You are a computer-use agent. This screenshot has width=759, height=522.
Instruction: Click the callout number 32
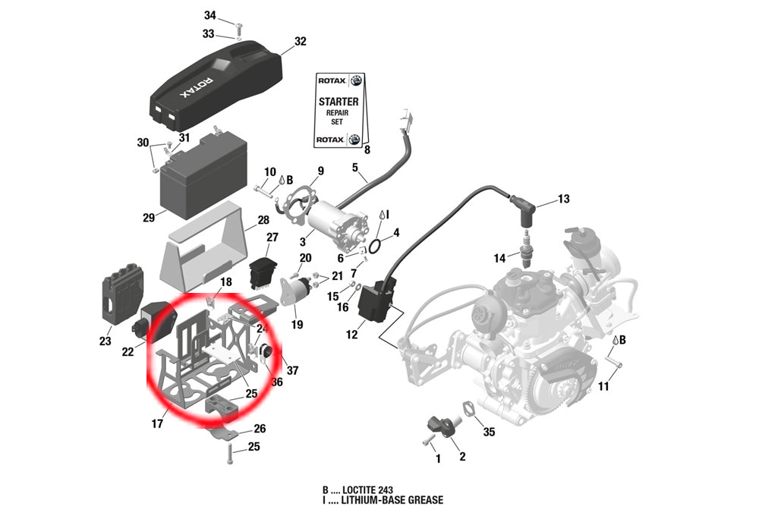click(x=300, y=42)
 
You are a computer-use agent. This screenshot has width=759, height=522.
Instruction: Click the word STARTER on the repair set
click(x=339, y=101)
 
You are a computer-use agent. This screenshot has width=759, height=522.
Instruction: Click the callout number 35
click(x=489, y=432)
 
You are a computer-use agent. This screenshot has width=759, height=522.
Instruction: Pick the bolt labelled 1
click(x=428, y=439)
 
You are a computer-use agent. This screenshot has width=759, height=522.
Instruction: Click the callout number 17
click(x=157, y=424)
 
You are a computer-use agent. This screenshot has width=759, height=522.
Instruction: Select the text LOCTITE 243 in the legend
click(x=367, y=489)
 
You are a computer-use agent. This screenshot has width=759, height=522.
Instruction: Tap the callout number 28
click(x=263, y=220)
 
